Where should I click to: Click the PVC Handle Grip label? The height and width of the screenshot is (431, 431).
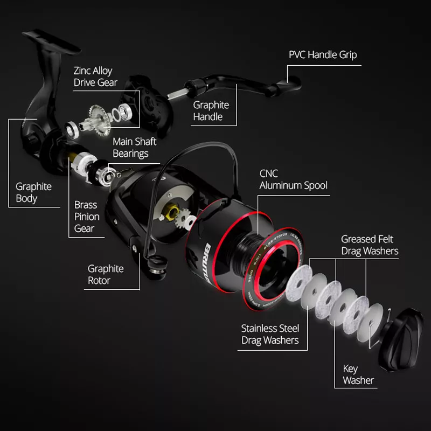(x=322, y=55)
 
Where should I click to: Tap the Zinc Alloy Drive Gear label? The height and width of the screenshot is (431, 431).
(x=95, y=77)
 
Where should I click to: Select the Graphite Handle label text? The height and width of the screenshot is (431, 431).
(x=211, y=110)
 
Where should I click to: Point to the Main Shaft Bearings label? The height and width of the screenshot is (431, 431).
(x=134, y=148)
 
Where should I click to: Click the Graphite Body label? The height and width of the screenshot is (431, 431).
(x=33, y=192)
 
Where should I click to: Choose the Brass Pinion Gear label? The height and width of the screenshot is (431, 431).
(x=87, y=217)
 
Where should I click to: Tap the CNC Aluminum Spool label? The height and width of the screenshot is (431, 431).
(x=293, y=180)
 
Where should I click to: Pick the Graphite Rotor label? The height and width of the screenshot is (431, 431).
(x=106, y=274)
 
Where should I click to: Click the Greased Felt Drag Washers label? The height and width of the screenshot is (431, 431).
(x=370, y=245)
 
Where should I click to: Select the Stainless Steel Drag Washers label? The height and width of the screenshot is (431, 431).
(x=270, y=334)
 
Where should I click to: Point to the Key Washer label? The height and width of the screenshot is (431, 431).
(x=358, y=374)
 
